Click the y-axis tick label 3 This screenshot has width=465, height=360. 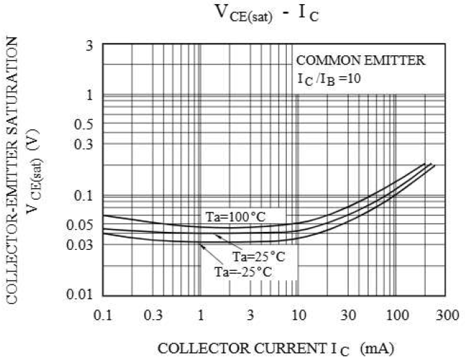89,46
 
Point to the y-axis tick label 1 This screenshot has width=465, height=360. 89,95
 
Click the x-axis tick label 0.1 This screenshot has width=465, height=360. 102,315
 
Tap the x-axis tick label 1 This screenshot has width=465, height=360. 200,315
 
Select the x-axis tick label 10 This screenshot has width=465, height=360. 298,315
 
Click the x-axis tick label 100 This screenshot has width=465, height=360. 396,315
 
